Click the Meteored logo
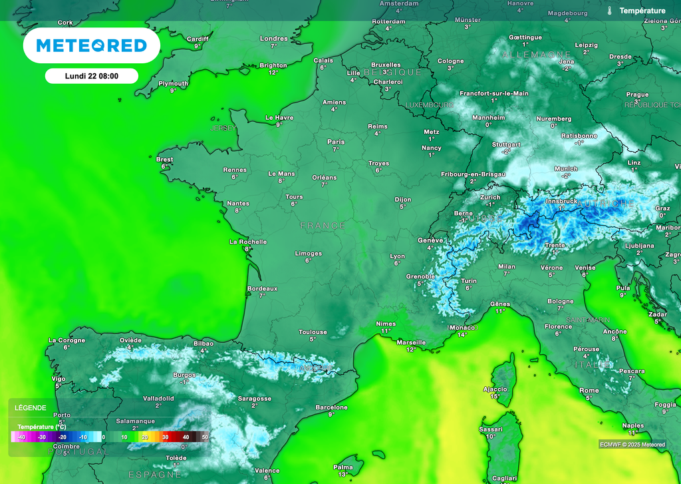coord(92,45)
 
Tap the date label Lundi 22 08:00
coord(92,76)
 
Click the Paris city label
coord(336,142)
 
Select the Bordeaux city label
coord(262,288)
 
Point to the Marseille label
coord(410,342)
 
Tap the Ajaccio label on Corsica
coord(495,389)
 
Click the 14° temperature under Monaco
coord(462,335)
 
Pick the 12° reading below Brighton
coord(273,73)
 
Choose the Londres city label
coord(273,39)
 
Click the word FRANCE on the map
coord(323,226)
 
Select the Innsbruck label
coord(561,201)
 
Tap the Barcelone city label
coord(331,407)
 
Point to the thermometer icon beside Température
coord(609,11)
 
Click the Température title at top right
coord(642,11)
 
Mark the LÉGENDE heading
coord(31,407)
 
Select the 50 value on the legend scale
coord(205,437)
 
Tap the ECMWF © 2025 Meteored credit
coord(632,444)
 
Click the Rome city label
coord(589,391)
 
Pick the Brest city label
coord(164,160)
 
